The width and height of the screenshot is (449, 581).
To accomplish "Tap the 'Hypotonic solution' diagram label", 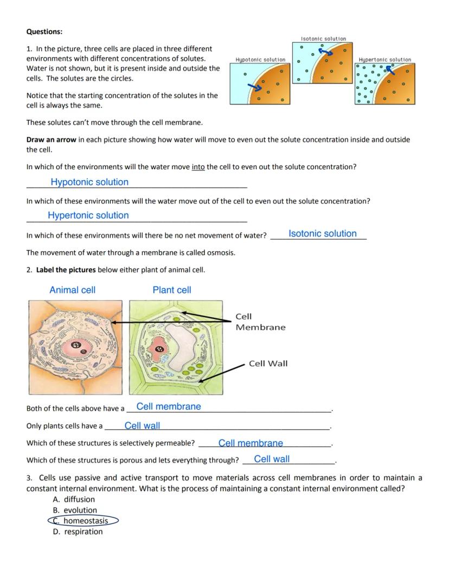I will (260, 60).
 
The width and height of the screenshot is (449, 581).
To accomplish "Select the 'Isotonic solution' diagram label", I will (324, 39).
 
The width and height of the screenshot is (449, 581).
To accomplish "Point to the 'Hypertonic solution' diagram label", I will (385, 60).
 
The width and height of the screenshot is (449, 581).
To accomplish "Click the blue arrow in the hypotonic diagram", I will (255, 87).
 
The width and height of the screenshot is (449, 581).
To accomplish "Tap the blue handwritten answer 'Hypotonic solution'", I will (89, 182).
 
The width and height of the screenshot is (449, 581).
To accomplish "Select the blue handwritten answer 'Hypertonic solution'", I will (88, 215).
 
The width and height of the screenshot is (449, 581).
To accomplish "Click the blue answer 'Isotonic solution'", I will (323, 234).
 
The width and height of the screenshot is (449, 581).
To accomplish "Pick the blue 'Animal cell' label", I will (72, 290).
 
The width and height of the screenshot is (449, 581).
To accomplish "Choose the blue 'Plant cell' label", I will (172, 290).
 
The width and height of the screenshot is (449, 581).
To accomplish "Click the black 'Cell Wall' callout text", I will (268, 363).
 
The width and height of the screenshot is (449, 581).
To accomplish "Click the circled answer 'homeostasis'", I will (85, 521).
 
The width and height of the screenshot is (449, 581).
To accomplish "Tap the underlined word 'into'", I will (198, 167).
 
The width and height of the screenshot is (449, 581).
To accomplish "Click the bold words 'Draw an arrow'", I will (51, 139).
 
